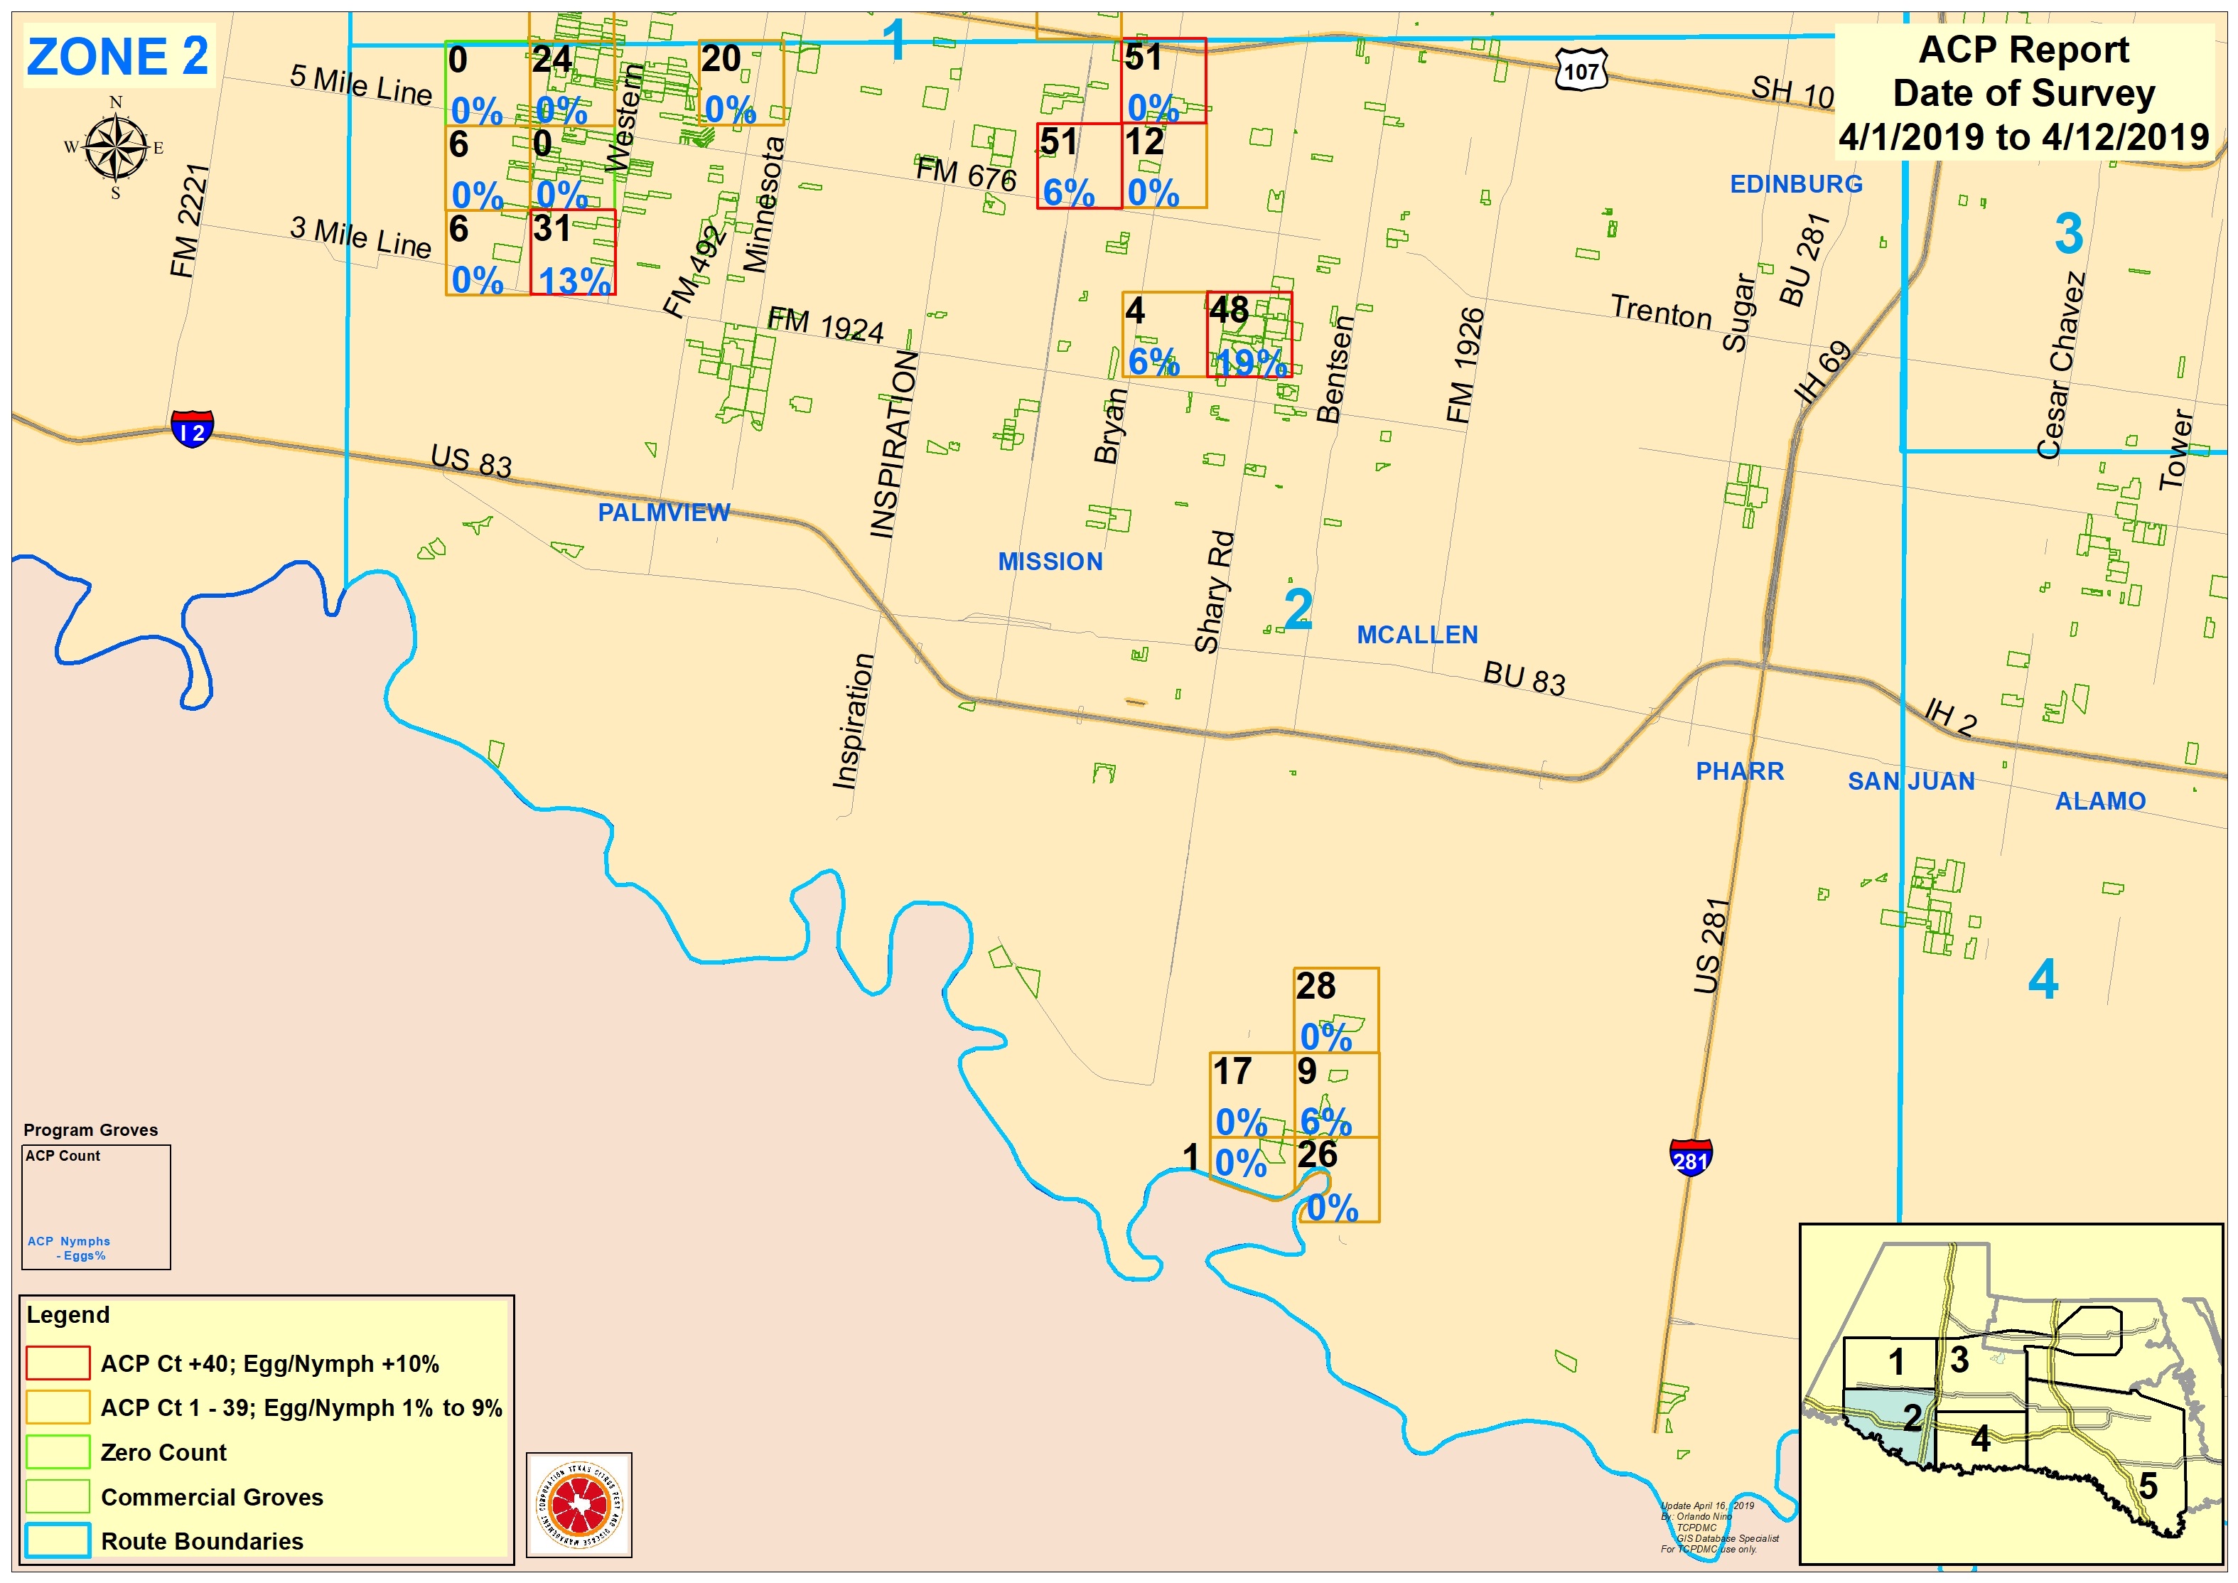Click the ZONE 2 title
[117, 57]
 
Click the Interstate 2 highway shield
[192, 429]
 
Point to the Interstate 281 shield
[1690, 1157]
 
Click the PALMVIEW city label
[663, 513]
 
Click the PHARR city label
[1740, 771]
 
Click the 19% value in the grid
[1252, 363]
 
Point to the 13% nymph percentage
[574, 281]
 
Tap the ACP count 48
[1229, 310]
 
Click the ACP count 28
[1316, 987]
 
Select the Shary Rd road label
[1215, 591]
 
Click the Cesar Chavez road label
[2060, 365]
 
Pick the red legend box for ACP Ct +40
[58, 1363]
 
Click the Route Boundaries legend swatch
[58, 1540]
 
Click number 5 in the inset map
[2148, 1486]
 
